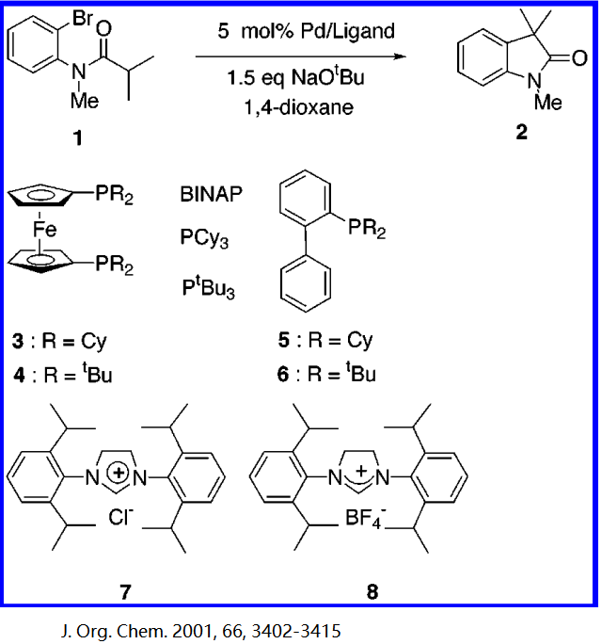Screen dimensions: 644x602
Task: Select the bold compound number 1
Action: [x=78, y=139]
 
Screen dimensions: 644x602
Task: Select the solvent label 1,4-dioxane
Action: [x=302, y=108]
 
